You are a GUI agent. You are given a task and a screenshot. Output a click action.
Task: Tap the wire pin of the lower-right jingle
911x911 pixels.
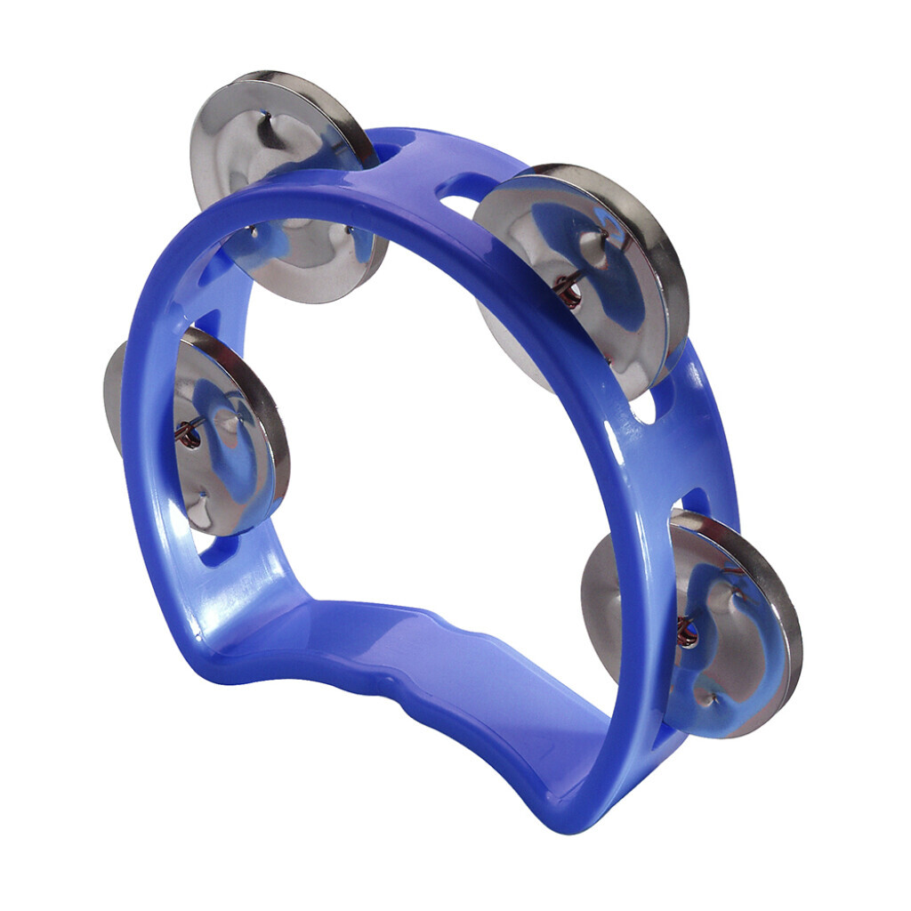[x=685, y=632]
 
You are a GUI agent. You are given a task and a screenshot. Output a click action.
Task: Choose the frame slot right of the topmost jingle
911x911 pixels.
[x=396, y=142]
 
